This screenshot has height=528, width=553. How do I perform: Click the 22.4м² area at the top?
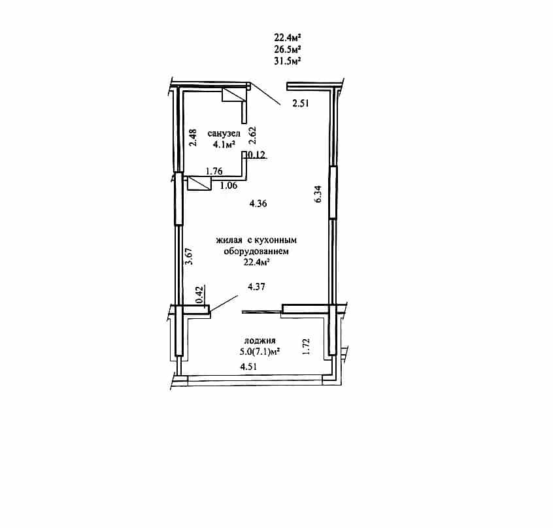(288, 37)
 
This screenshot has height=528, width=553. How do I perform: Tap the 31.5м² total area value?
(288, 61)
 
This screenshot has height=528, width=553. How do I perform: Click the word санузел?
(224, 133)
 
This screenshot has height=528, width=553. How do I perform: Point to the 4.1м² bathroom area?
(224, 144)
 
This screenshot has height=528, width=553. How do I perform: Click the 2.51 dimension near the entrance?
(301, 103)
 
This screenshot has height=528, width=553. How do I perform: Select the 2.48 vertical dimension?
(193, 138)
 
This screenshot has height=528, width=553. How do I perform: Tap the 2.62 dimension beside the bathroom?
(252, 136)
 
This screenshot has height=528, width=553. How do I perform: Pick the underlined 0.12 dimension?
(257, 154)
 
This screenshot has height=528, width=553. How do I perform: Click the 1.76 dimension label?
(214, 171)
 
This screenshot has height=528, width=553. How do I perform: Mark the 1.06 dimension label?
(229, 186)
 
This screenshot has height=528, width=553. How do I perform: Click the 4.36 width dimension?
(258, 203)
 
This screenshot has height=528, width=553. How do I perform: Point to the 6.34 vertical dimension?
(318, 194)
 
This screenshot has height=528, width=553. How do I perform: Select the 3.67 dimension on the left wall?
(189, 256)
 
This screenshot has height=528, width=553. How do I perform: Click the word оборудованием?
(256, 252)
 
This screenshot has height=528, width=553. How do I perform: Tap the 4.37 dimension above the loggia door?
(256, 287)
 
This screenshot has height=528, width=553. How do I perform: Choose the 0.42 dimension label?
(199, 295)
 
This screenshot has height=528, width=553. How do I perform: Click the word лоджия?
(260, 340)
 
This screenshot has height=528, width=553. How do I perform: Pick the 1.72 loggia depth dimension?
(306, 346)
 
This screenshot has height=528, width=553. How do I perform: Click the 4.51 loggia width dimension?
(248, 367)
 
